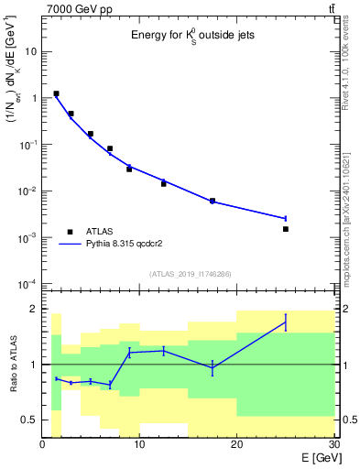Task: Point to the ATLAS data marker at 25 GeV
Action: point(286,229)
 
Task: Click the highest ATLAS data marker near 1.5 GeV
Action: point(57,93)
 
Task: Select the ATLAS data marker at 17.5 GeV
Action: point(213,201)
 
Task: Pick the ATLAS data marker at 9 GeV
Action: point(129,169)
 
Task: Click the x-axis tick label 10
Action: point(139,445)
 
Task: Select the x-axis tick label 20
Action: point(236,445)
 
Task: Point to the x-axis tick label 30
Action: point(333,445)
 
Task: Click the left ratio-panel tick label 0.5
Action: point(30,420)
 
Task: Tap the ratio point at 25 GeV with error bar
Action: point(286,322)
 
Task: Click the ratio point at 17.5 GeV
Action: point(213,367)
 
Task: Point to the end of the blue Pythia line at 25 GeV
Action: point(286,218)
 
